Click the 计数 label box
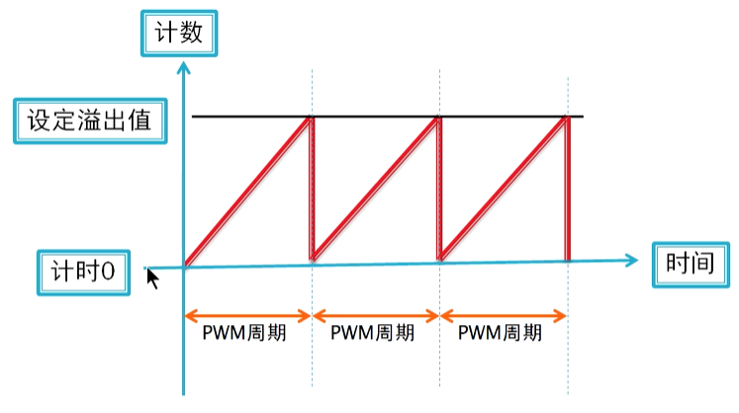point(179,33)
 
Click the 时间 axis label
point(691,264)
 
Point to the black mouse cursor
point(153,278)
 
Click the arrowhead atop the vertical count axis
point(183,67)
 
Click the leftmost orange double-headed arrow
point(247,316)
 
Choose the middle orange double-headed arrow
point(375,316)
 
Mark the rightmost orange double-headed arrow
point(504,316)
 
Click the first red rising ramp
point(247,192)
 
